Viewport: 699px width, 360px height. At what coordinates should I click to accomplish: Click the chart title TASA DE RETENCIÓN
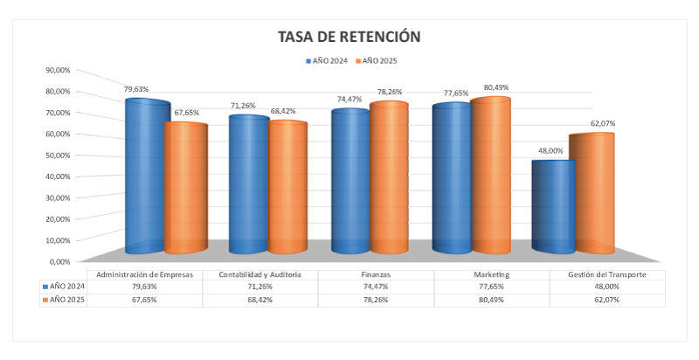click(349, 37)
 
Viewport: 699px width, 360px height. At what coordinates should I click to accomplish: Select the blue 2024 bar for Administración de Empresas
click(146, 175)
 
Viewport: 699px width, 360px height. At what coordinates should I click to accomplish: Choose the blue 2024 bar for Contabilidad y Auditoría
click(248, 183)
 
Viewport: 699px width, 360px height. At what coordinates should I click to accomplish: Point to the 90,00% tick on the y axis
click(58, 70)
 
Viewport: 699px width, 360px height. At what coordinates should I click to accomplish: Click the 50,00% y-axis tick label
click(58, 155)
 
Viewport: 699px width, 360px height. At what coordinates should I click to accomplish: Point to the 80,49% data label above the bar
click(495, 87)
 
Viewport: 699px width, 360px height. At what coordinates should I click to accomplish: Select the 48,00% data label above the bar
click(550, 151)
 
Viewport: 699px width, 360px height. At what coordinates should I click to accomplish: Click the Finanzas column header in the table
click(376, 274)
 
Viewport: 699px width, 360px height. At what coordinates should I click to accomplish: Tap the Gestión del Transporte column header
click(606, 274)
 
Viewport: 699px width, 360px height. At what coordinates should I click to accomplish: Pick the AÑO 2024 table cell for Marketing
click(491, 287)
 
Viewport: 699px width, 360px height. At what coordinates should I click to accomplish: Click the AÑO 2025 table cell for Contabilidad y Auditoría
click(260, 300)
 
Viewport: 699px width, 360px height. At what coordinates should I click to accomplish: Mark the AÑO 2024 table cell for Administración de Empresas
click(145, 287)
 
